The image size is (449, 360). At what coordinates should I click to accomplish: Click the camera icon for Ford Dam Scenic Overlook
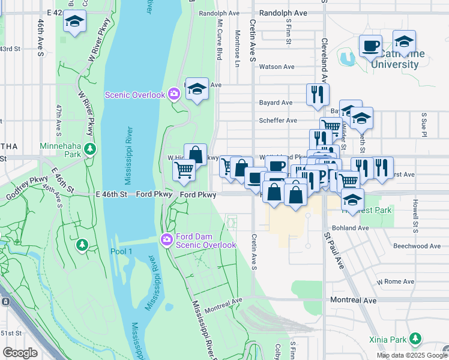tap(167, 239)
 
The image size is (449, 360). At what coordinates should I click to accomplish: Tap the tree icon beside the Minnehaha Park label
tap(90, 148)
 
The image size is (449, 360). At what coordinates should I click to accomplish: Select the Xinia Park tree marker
tap(415, 340)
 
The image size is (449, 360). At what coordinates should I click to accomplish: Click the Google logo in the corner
tap(20, 353)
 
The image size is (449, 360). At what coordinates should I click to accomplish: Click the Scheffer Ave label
tap(277, 120)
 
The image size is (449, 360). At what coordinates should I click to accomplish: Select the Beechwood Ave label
tap(417, 246)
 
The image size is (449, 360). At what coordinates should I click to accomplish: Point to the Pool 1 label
tap(121, 251)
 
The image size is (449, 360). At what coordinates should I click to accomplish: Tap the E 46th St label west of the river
tap(112, 194)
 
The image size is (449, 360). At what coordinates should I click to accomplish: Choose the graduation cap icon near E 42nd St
tap(74, 22)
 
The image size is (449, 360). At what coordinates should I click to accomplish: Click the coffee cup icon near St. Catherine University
tap(370, 45)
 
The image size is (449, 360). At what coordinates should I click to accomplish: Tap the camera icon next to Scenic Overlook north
tap(173, 94)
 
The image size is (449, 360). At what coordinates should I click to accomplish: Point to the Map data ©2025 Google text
tap(411, 355)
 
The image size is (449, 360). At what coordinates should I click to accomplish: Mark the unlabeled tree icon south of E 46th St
tap(82, 244)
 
